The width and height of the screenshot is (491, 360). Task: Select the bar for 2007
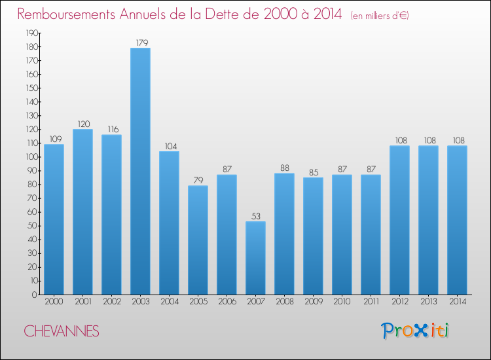[255, 258]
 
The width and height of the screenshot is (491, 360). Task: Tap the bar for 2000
[54, 219]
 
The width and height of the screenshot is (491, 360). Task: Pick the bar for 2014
[457, 220]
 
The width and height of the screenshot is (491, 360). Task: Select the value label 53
[255, 217]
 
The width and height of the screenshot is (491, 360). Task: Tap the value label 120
[82, 124]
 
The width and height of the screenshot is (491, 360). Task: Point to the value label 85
[313, 173]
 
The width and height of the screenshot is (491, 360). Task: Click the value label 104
[169, 147]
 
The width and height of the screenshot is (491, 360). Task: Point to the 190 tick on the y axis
[31, 33]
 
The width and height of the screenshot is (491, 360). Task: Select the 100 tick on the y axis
[31, 157]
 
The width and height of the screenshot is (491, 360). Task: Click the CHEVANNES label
[62, 332]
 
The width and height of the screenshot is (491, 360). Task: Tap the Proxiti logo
[416, 331]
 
